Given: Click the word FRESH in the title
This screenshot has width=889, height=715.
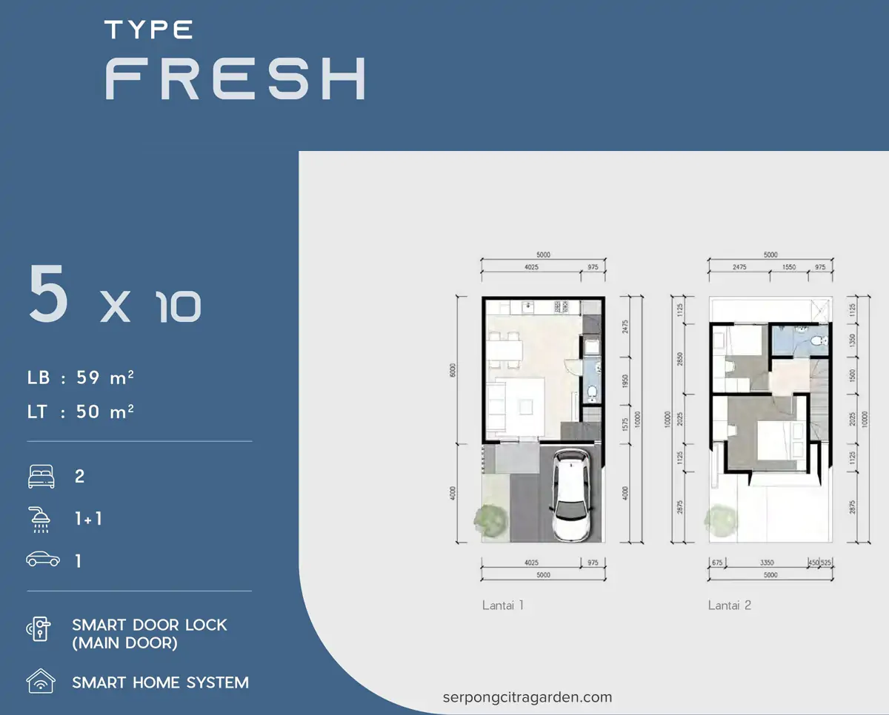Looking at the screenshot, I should (236, 78).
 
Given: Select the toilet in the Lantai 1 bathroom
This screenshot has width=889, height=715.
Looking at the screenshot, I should (592, 392).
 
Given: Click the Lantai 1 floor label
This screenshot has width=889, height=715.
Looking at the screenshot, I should (503, 605).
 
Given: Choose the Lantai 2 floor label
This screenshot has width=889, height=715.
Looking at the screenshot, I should (730, 605).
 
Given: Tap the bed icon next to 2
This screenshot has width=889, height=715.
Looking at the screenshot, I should (41, 477).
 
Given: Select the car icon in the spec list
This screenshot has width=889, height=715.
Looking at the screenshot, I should (42, 560).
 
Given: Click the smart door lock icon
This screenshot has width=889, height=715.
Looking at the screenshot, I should (40, 630).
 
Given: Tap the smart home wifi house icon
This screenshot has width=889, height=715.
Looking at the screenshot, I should (40, 681).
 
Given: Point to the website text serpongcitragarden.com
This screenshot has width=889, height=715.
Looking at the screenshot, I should (527, 697).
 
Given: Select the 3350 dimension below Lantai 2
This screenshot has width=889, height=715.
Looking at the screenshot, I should (767, 563).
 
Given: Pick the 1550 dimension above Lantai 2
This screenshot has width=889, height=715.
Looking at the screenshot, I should (789, 266).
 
